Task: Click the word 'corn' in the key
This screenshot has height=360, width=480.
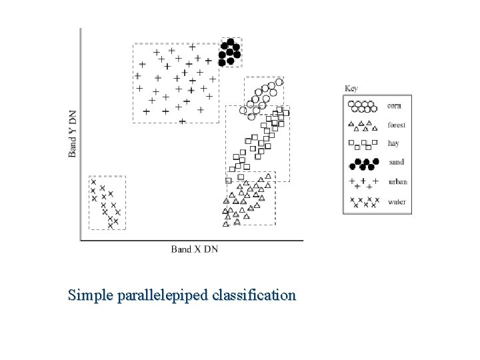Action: [x=395, y=105]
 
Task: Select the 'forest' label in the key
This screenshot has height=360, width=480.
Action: [x=397, y=125]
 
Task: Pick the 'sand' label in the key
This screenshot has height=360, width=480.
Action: [x=396, y=162]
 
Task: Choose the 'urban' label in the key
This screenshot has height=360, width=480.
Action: [x=397, y=181]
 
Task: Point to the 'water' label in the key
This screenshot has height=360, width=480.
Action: [x=397, y=201]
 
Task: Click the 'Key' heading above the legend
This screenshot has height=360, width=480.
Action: [x=351, y=88]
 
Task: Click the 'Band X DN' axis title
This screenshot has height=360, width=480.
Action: [x=194, y=249]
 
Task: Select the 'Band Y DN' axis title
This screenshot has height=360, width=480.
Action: [x=73, y=133]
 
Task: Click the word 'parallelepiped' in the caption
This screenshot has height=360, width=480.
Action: [x=170, y=294]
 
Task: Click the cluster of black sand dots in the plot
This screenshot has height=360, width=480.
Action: [x=230, y=51]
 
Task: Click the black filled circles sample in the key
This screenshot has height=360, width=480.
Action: [x=364, y=163]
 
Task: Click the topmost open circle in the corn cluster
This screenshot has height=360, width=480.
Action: [x=280, y=82]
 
